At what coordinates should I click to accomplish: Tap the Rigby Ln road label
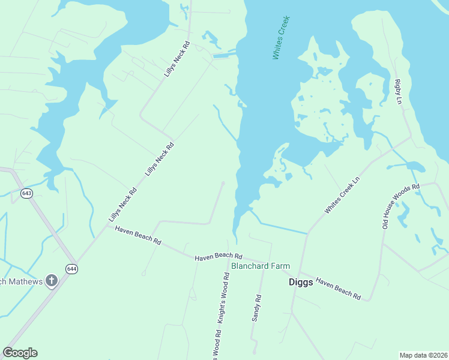pos(397,92)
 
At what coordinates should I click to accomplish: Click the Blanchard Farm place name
pos(261,266)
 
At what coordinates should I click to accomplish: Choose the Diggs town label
pos(300,282)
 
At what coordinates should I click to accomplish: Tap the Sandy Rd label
pos(256,307)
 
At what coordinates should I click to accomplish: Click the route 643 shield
pos(26,193)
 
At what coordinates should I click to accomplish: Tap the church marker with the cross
pos(52,280)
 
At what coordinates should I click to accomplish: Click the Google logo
pos(20,353)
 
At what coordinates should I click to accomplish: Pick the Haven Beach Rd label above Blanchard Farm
pos(218,256)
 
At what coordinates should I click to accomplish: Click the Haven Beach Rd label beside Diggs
pos(338,289)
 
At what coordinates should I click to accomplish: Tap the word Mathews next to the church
pos(25,281)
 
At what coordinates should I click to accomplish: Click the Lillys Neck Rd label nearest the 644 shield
pos(123,205)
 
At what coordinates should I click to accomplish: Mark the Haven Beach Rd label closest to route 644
pos(138,235)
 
